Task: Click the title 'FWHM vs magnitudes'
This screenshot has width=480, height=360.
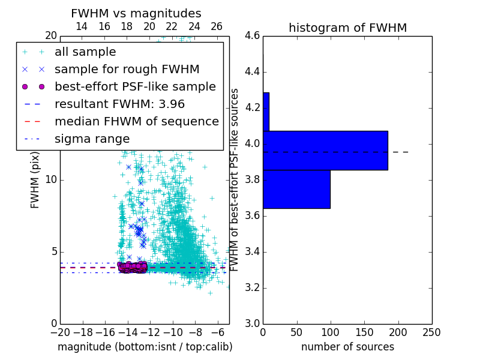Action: tap(136, 13)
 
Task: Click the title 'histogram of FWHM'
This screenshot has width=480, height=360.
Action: tap(347, 28)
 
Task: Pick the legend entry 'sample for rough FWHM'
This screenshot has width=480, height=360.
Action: tap(127, 69)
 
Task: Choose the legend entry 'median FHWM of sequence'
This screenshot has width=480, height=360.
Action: tap(136, 121)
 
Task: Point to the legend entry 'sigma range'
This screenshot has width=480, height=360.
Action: tap(92, 139)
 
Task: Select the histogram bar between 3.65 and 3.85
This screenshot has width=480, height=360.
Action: tap(296, 189)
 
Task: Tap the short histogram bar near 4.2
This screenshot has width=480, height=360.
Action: tap(266, 112)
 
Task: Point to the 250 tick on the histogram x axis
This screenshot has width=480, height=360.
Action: tap(431, 332)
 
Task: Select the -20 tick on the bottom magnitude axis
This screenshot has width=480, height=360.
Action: tap(60, 332)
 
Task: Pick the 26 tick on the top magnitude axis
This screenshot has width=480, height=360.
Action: tap(217, 26)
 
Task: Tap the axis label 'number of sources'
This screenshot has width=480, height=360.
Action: tap(347, 347)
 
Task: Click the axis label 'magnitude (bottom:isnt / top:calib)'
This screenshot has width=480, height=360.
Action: tap(145, 347)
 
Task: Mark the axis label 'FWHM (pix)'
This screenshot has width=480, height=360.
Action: tap(35, 181)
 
